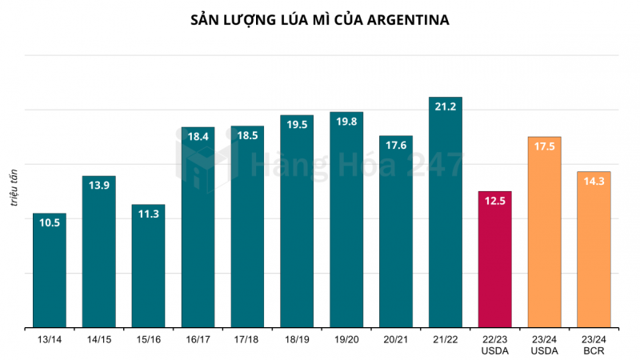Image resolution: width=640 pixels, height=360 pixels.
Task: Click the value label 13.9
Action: pyautogui.click(x=99, y=186)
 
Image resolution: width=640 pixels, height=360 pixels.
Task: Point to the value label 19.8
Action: pyautogui.click(x=346, y=122)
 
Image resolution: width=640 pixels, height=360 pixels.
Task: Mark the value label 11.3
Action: pyautogui.click(x=149, y=214)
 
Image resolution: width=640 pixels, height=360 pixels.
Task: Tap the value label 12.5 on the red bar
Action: pyautogui.click(x=494, y=201)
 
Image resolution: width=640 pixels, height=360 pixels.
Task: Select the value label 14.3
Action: pyautogui.click(x=594, y=182)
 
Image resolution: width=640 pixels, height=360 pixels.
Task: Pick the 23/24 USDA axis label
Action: pyautogui.click(x=544, y=346)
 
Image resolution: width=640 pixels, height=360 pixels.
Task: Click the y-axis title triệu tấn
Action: pyautogui.click(x=14, y=189)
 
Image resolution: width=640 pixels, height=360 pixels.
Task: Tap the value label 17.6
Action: pyautogui.click(x=396, y=146)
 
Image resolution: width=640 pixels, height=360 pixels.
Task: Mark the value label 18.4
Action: pyautogui.click(x=198, y=137)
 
